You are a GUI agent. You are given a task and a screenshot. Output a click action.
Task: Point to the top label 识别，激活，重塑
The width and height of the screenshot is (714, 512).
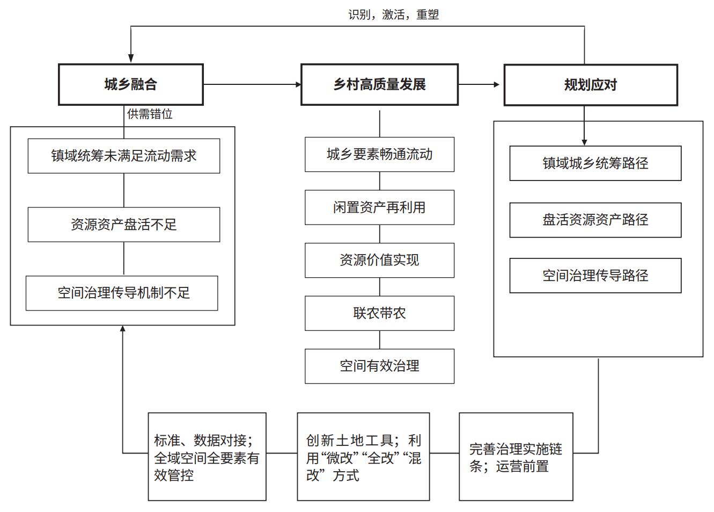click(393, 15)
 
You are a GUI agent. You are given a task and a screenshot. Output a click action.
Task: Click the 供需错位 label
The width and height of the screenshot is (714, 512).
click(150, 114)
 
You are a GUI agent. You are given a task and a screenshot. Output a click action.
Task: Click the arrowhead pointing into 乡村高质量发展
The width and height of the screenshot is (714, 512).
click(298, 84)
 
